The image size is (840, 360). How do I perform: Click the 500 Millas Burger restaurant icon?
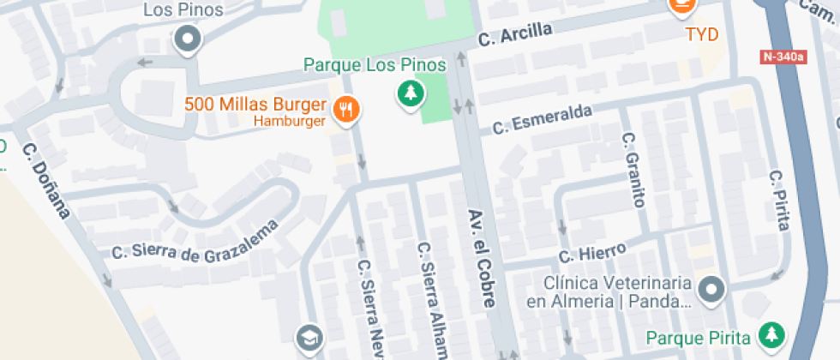coord(346,109)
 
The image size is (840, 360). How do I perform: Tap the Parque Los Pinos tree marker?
coord(411,92)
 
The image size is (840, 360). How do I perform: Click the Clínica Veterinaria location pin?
coord(711,290)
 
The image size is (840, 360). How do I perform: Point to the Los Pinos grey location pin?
coord(186,39)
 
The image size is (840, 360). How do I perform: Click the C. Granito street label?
coord(633,170)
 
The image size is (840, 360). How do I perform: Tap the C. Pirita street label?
coord(778,201)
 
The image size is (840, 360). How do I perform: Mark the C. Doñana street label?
coord(45,180)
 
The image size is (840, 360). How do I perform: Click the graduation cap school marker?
coord(309,338)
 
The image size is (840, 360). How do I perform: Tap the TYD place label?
coord(701,35)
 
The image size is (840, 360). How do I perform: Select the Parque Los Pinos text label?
coord(375,65)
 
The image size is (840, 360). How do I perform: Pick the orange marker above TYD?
coord(681,7)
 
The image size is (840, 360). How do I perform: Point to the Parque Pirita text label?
coord(699,336)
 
